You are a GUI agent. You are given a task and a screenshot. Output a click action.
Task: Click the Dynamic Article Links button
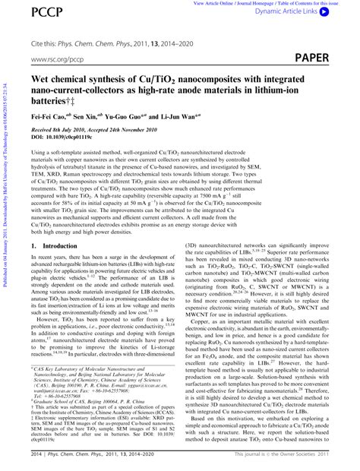click(313, 14)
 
